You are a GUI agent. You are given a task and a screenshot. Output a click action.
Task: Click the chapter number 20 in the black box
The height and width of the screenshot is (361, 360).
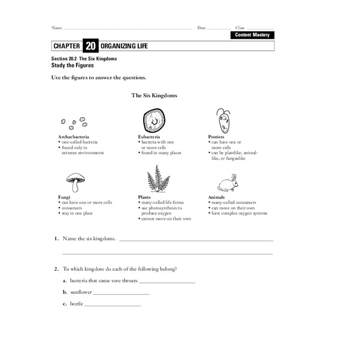pyautogui.click(x=90, y=46)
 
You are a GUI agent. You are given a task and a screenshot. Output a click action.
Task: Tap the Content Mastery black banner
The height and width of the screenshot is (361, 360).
pyautogui.click(x=252, y=35)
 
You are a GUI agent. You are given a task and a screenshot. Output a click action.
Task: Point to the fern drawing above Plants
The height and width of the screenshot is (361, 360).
pyautogui.click(x=158, y=179)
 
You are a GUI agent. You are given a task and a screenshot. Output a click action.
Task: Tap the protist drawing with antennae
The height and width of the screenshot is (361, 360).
pyautogui.click(x=224, y=121)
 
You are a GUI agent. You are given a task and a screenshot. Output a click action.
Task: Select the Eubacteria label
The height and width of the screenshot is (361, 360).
pyautogui.click(x=148, y=137)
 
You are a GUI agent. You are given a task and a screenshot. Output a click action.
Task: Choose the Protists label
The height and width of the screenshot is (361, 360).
pyautogui.click(x=216, y=137)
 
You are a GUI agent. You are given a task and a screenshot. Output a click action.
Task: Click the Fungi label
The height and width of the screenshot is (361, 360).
pyautogui.click(x=64, y=197)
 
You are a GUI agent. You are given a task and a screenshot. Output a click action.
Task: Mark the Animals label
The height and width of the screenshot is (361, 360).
pyautogui.click(x=217, y=197)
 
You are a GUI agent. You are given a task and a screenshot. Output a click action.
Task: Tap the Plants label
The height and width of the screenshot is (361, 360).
pyautogui.click(x=144, y=197)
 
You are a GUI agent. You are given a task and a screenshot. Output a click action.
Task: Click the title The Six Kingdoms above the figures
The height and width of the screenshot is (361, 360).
pyautogui.click(x=154, y=95)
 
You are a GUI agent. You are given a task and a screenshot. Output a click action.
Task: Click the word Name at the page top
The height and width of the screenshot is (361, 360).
pyautogui.click(x=56, y=28)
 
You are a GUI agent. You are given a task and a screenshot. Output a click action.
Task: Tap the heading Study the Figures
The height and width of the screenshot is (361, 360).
pyautogui.click(x=73, y=65)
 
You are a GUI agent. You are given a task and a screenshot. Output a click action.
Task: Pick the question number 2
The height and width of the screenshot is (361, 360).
pyautogui.click(x=55, y=268)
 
